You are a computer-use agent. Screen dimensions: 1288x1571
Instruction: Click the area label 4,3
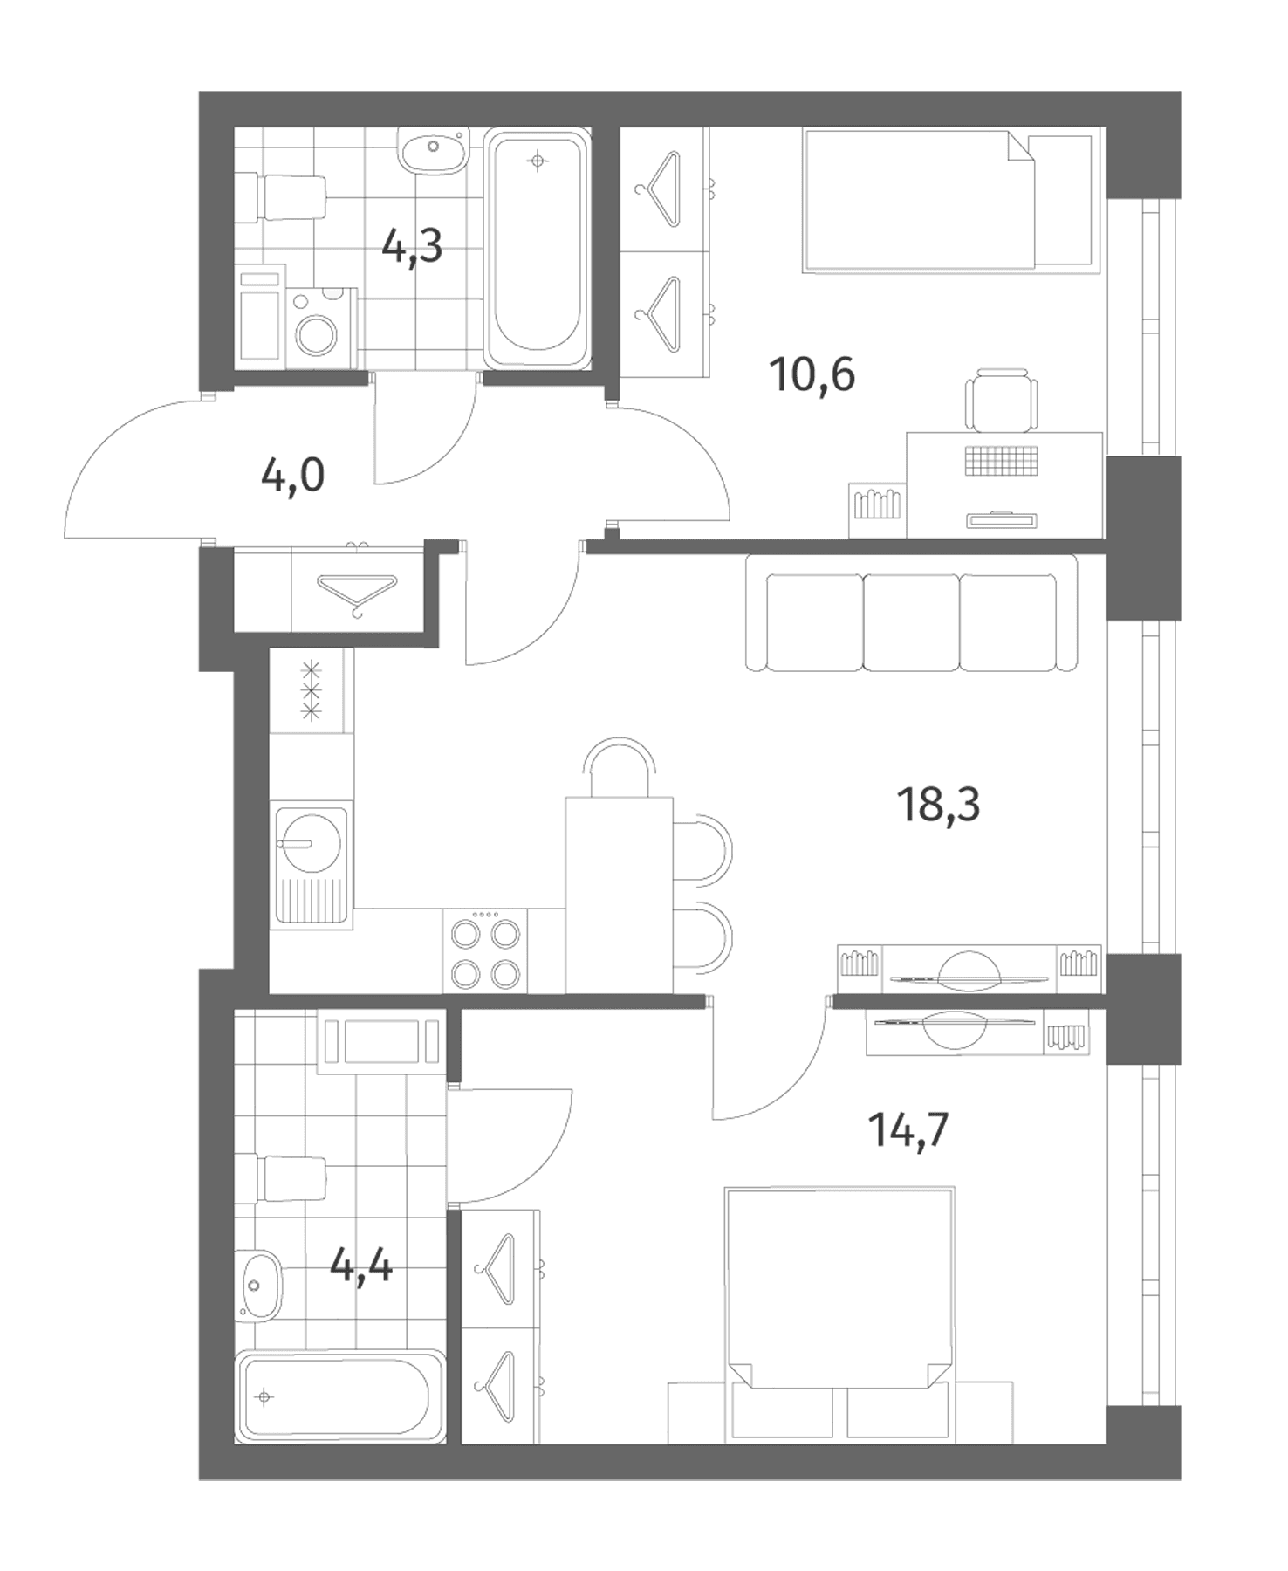(x=412, y=248)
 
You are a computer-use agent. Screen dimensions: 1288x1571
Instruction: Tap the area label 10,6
(x=812, y=375)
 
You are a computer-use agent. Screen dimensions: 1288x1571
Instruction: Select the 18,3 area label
(x=938, y=804)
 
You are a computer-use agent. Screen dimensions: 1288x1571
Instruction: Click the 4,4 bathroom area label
(x=361, y=1265)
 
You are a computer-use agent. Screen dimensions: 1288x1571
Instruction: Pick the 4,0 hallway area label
(x=292, y=477)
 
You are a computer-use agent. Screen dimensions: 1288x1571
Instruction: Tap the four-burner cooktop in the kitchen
(x=484, y=950)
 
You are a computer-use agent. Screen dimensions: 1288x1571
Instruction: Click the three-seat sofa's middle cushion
(x=911, y=622)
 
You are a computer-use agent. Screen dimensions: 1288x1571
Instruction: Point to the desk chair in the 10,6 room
(x=1002, y=400)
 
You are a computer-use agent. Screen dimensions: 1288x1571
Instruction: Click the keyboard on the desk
(x=1002, y=460)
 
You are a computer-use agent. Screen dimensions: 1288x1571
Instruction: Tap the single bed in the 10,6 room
(x=948, y=201)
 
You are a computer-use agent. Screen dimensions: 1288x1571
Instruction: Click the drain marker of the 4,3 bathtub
(x=538, y=161)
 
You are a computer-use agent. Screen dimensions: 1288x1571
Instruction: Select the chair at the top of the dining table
(x=620, y=766)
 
